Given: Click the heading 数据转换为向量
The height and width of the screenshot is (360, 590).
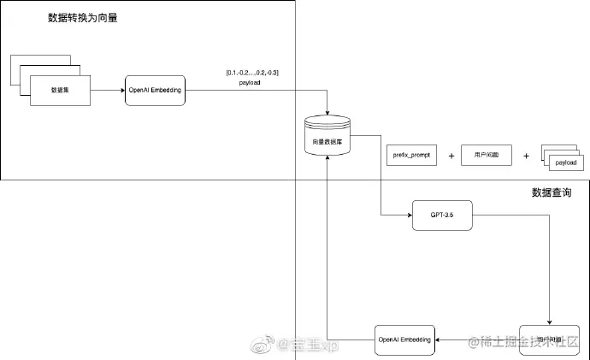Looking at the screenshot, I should point(82,17).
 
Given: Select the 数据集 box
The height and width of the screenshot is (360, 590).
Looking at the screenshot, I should point(60,90).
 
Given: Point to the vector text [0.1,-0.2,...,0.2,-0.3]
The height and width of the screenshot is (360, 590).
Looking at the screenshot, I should point(251,72).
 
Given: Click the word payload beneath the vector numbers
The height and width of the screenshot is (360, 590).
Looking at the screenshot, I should point(250,83).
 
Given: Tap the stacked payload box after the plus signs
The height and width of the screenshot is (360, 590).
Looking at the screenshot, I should point(565,162).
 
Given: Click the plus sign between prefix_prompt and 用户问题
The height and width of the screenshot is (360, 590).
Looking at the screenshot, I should point(451,156).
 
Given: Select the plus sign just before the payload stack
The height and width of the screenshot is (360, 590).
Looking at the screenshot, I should point(526,156).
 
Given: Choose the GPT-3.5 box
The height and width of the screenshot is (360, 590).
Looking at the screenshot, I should point(441,216).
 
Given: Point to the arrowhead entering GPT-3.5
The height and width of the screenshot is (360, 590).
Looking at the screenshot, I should point(407,216).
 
